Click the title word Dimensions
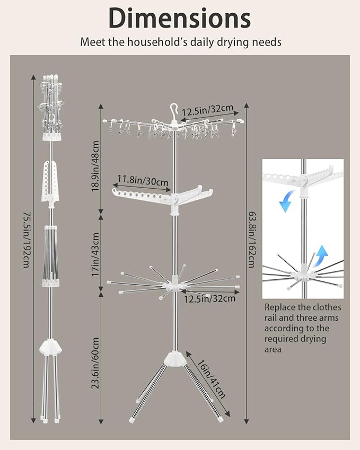click(x=180, y=19)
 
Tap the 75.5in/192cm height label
click(x=26, y=240)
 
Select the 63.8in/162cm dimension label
click(x=252, y=240)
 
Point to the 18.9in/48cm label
click(x=95, y=166)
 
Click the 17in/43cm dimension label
click(x=95, y=254)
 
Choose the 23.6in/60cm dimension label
click(x=95, y=363)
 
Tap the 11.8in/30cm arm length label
click(x=143, y=181)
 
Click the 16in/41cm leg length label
click(x=211, y=378)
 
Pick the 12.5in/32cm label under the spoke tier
click(x=209, y=299)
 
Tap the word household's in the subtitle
click(x=157, y=42)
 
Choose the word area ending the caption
click(x=273, y=349)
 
